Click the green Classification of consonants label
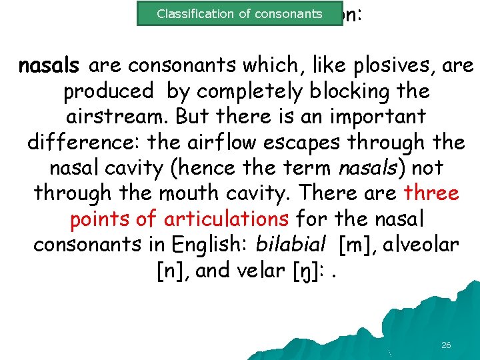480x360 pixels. pos(239,13)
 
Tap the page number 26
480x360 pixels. pos(446,345)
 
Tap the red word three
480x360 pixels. pos(431,193)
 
